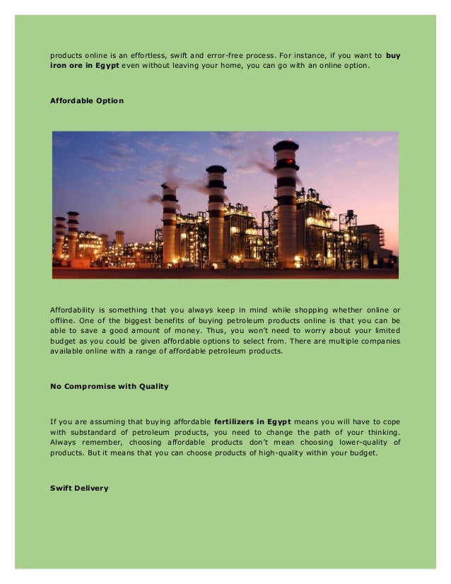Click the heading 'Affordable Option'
coord(86,101)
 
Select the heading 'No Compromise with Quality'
coord(108,387)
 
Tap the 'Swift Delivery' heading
coord(79,488)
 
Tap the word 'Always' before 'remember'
coord(64,443)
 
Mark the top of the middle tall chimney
coord(216,170)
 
